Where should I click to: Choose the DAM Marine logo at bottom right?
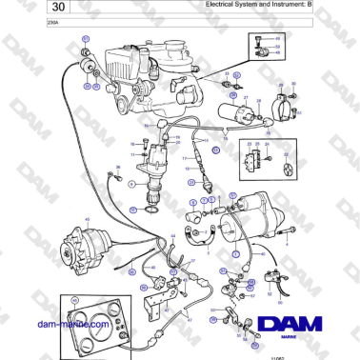point(290,326)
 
